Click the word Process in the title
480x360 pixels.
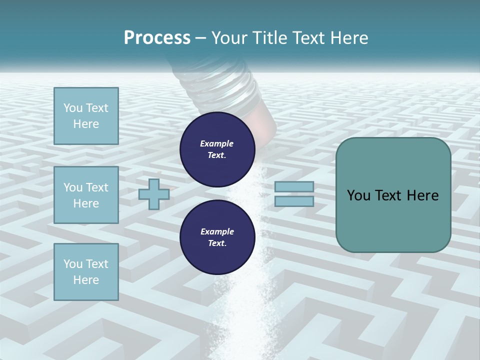157,38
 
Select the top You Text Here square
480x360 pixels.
86,116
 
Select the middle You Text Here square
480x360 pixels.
86,195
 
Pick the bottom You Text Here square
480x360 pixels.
86,272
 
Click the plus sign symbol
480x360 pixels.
153,194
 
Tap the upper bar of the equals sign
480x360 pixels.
294,187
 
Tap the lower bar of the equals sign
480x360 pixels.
294,201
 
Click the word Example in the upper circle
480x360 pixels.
217,143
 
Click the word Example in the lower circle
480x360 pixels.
217,231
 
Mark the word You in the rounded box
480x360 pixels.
358,195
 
